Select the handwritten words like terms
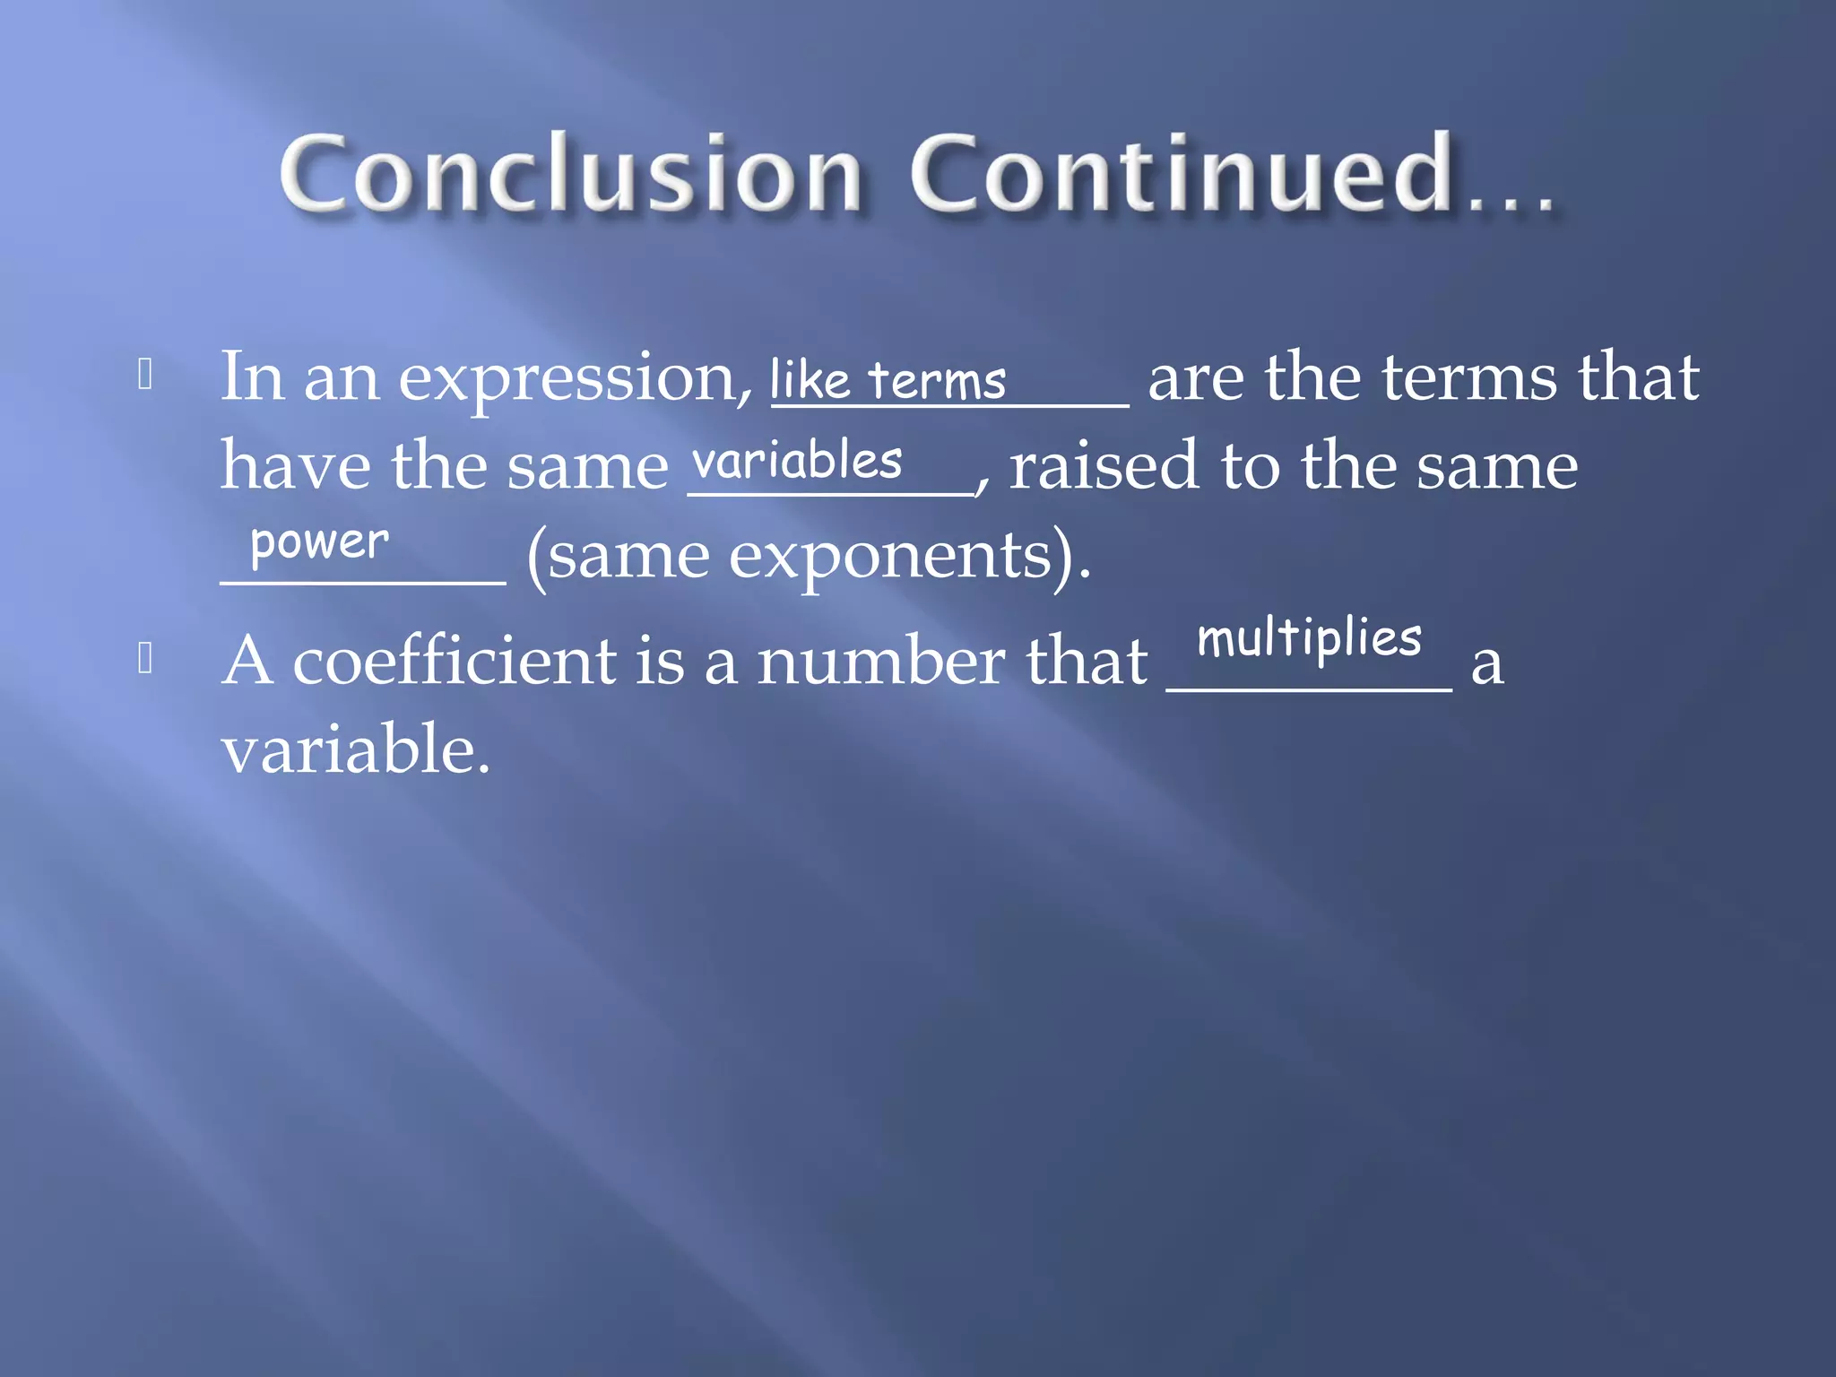(x=888, y=380)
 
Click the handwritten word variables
(x=797, y=462)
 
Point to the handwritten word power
(x=319, y=542)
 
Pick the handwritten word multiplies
(x=1309, y=638)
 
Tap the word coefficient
(x=455, y=661)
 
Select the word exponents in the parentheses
(x=890, y=557)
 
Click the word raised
(x=1104, y=466)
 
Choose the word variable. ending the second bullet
(x=356, y=749)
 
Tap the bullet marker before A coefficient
(x=146, y=659)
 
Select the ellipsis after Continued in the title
(x=1511, y=197)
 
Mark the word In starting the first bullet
(x=253, y=377)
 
